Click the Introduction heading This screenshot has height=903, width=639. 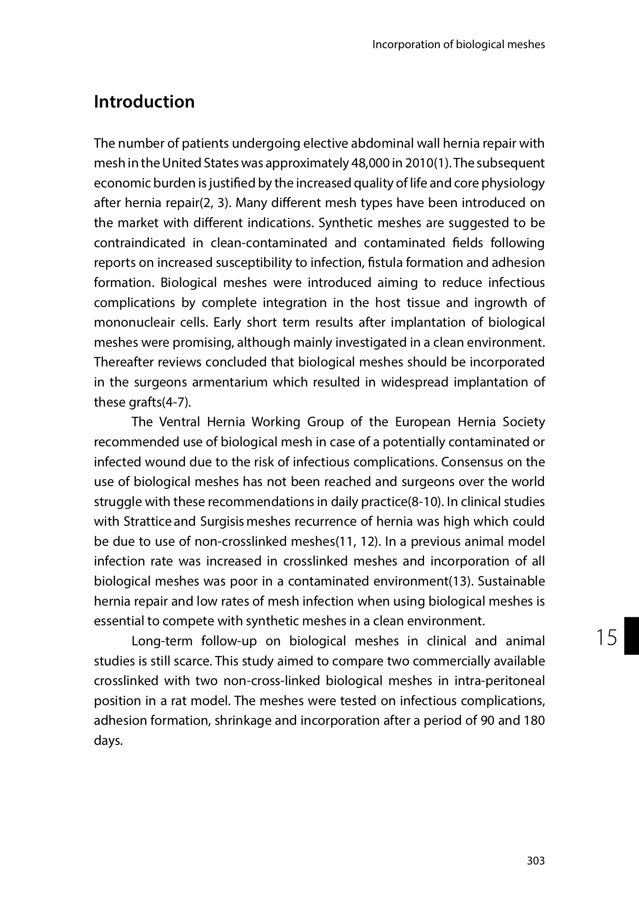pyautogui.click(x=144, y=102)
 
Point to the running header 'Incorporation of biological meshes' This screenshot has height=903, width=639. pyautogui.click(x=458, y=45)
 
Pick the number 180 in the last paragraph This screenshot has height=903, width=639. pyautogui.click(x=534, y=721)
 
